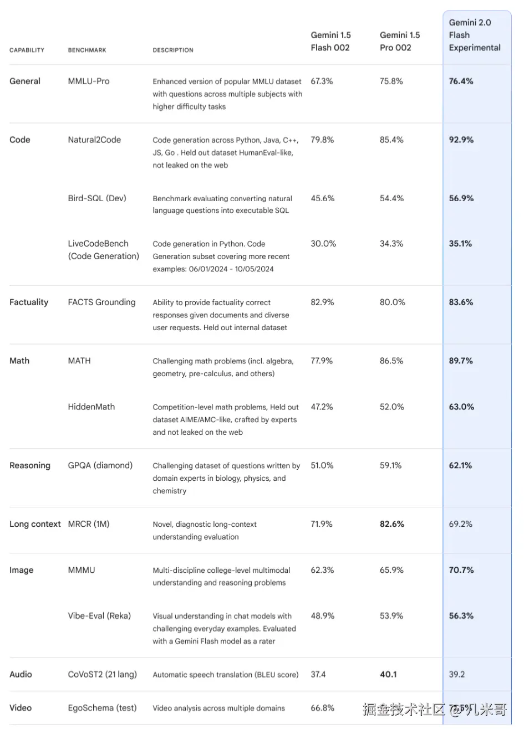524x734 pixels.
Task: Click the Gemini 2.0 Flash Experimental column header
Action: coord(474,35)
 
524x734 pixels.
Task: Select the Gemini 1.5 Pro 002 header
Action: coord(399,42)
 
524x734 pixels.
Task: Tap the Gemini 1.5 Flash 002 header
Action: coord(330,42)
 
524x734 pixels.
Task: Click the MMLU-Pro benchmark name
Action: coord(89,81)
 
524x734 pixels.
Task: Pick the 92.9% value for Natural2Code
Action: coord(461,140)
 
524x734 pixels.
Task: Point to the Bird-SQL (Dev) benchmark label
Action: coord(97,198)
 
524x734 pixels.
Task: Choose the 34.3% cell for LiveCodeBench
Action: coord(391,244)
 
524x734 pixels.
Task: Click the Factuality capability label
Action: coord(29,302)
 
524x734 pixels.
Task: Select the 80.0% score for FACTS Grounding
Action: coord(392,302)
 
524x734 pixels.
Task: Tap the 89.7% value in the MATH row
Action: coord(461,361)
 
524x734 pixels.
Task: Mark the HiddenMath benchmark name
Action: coord(91,407)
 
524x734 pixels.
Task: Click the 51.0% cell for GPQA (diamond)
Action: coord(322,466)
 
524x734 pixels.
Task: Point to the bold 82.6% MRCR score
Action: coord(392,525)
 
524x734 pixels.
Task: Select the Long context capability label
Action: coord(35,525)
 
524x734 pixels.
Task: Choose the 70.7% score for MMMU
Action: coord(461,571)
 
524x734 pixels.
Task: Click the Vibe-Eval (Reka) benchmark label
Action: coord(99,616)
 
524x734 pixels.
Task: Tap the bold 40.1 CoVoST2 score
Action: coord(388,675)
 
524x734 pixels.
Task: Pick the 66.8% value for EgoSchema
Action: coord(322,709)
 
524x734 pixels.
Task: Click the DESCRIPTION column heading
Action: coord(173,50)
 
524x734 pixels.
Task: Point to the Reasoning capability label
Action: coord(30,466)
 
